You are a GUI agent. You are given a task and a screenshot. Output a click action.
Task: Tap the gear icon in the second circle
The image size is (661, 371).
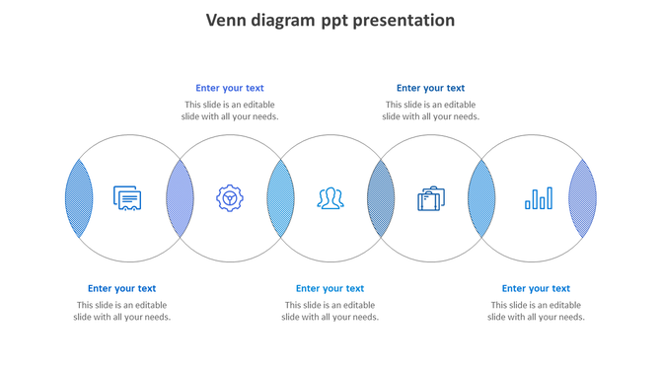(230, 198)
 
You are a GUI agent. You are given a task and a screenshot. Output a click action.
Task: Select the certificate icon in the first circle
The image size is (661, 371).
(127, 198)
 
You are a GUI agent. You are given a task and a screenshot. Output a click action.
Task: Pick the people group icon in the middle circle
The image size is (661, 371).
(330, 198)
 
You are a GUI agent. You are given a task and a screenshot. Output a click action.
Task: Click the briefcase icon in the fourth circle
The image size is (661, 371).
(431, 198)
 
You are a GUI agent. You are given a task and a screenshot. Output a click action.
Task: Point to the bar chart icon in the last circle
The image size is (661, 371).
(539, 198)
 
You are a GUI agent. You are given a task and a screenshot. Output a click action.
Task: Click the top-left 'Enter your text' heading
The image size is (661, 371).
(230, 88)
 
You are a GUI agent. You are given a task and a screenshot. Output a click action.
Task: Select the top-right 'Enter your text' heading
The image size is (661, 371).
(430, 88)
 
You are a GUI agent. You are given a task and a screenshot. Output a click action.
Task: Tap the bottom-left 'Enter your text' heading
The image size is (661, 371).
(121, 288)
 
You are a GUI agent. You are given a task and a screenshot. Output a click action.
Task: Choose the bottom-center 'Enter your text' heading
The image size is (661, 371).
(330, 288)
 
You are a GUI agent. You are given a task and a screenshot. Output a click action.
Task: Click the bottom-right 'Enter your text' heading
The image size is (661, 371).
(536, 288)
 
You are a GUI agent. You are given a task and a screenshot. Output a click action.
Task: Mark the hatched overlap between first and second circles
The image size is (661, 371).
(180, 198)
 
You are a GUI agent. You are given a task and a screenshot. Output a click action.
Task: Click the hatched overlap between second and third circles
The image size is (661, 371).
(280, 198)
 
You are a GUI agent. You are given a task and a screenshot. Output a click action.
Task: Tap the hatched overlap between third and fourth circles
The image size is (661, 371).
(381, 198)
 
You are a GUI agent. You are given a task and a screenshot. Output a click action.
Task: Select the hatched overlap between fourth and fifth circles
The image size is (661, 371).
(481, 198)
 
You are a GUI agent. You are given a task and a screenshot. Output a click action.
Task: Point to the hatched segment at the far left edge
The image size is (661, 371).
(79, 198)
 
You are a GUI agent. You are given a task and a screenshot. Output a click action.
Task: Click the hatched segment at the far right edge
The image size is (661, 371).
(583, 198)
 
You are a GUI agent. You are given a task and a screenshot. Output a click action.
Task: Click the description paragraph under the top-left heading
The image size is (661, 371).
(230, 111)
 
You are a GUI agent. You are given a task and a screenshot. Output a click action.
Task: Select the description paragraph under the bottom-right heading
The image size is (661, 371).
(536, 311)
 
